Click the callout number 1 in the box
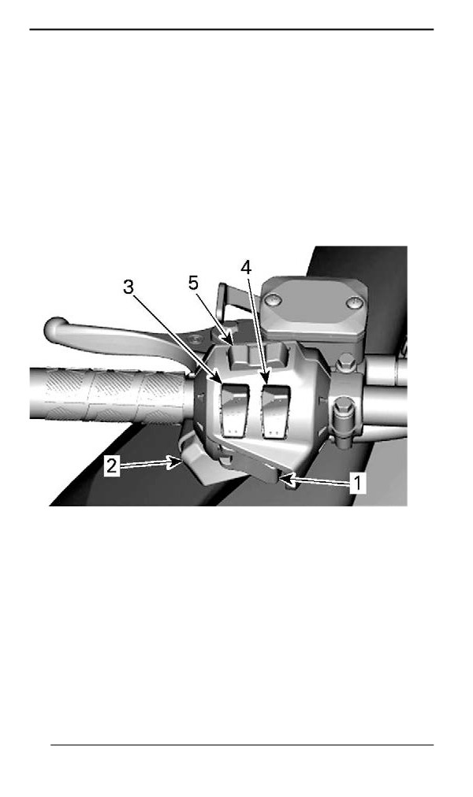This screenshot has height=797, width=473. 358,482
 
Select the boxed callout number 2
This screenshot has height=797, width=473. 112,465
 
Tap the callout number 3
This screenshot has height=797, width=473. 128,287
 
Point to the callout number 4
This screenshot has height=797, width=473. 246,267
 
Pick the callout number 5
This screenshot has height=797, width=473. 193,283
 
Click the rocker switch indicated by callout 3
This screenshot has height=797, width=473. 235,410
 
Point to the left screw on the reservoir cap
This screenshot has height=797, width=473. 273,302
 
